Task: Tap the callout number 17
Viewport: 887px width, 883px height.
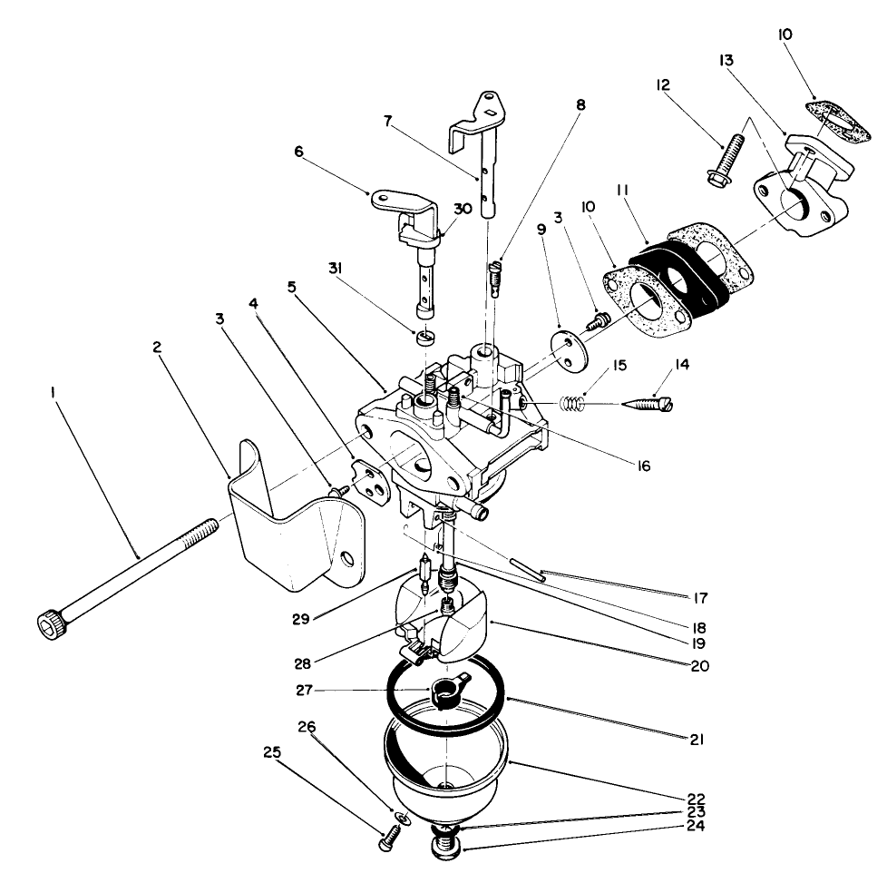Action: (x=699, y=598)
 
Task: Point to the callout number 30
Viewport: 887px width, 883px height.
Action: (x=463, y=208)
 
